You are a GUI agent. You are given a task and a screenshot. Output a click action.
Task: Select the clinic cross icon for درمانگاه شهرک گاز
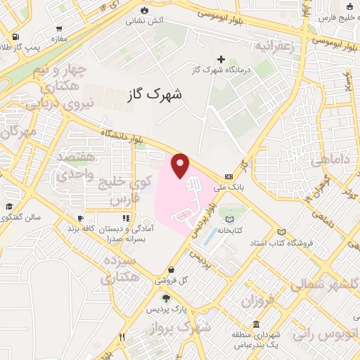pyautogui.click(x=221, y=59)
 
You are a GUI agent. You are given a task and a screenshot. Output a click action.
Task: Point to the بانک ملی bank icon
pyautogui.click(x=229, y=176)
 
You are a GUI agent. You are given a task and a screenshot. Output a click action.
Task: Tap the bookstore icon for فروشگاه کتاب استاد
pyautogui.click(x=282, y=232)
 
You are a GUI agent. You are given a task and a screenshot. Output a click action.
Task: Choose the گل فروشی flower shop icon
pyautogui.click(x=172, y=269)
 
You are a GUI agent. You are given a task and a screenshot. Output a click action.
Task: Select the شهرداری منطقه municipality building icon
pyautogui.click(x=256, y=325)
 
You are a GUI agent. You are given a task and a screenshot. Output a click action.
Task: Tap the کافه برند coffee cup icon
pyautogui.click(x=81, y=219)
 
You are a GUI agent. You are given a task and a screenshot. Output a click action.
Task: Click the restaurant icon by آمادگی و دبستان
pyautogui.click(x=127, y=219)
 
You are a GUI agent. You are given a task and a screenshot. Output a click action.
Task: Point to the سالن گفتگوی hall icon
pyautogui.click(x=10, y=207)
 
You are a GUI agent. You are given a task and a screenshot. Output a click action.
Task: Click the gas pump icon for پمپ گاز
pyautogui.click(x=15, y=37)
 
